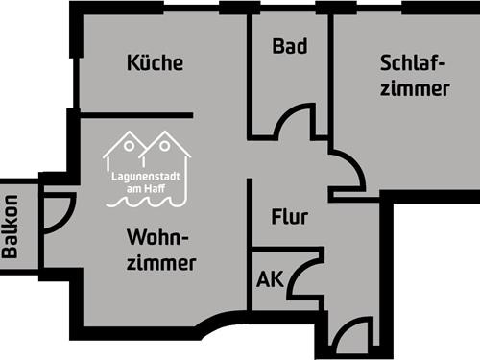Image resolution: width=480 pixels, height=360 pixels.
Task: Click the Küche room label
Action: tap(155, 64)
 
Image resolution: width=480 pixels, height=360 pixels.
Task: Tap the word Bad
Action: tap(289, 46)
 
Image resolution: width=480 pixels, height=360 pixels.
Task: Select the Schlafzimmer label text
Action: tap(414, 76)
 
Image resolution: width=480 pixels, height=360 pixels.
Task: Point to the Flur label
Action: tap(289, 217)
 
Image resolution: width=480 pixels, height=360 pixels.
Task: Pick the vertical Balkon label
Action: tap(11, 227)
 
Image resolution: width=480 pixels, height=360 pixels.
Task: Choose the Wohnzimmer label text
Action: tap(160, 250)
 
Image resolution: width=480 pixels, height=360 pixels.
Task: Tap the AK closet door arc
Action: tap(303, 277)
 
